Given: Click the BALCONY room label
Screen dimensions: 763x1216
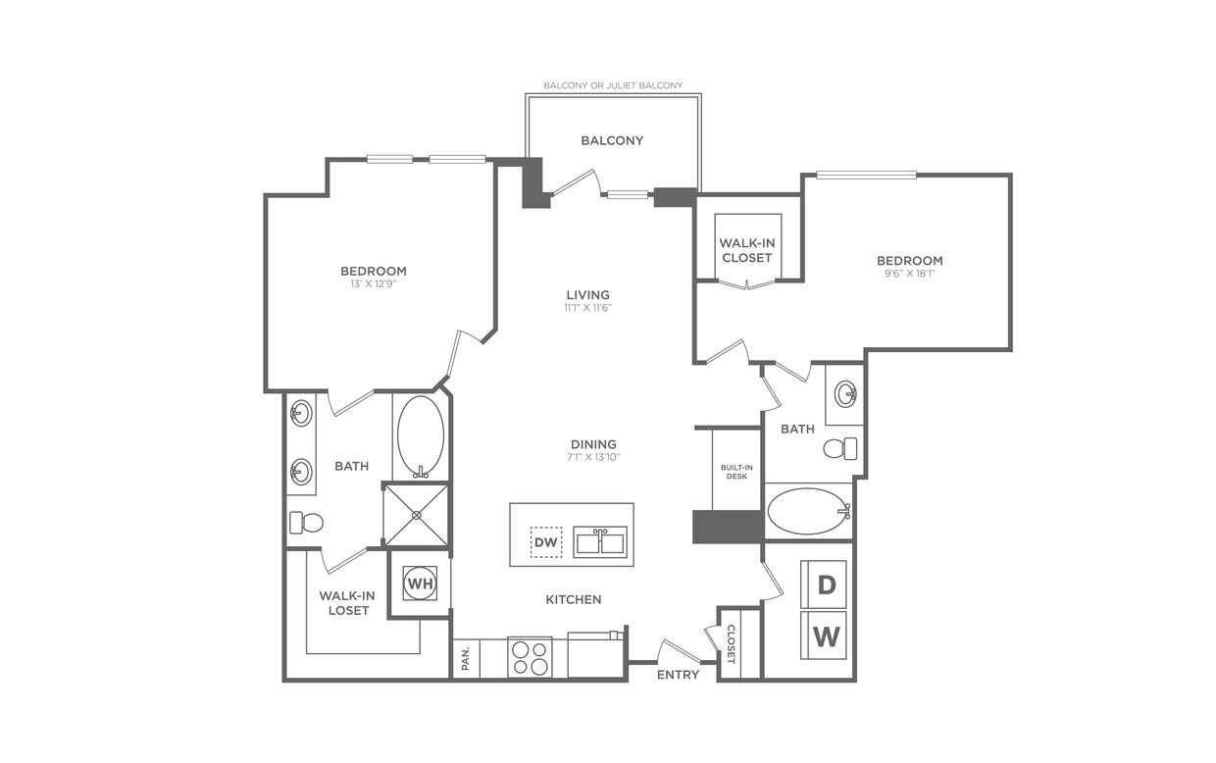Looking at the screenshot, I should [x=612, y=140].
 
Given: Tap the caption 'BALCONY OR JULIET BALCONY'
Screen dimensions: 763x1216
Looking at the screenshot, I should [x=613, y=86].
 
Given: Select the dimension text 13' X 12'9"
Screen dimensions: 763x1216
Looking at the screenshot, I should [x=374, y=283].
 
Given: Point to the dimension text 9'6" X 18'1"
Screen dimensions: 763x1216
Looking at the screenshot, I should [x=909, y=274].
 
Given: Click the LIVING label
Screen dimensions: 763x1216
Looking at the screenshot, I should [x=587, y=294].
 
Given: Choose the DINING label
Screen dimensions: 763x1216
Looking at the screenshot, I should [x=593, y=444].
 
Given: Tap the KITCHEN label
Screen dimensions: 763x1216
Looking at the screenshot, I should [x=574, y=599].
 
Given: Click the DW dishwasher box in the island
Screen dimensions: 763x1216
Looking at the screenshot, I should [x=546, y=541].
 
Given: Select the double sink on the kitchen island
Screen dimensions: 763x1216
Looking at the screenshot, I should [x=600, y=541].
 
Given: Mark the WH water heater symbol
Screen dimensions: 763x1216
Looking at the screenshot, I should [x=420, y=584].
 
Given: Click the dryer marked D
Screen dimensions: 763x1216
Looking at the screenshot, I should [x=827, y=585].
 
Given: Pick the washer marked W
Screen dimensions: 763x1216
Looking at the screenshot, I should [x=827, y=637].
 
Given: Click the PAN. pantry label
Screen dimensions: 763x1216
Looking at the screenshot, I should [x=465, y=658].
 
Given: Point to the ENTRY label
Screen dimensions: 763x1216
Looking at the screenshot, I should [x=678, y=675].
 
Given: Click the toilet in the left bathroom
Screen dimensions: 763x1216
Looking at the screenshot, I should [x=306, y=523].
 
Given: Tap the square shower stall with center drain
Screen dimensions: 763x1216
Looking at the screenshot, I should [x=416, y=514].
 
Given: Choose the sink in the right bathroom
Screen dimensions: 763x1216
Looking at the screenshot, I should [x=845, y=394].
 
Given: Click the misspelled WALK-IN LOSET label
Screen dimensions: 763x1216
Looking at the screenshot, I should [x=343, y=602].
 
